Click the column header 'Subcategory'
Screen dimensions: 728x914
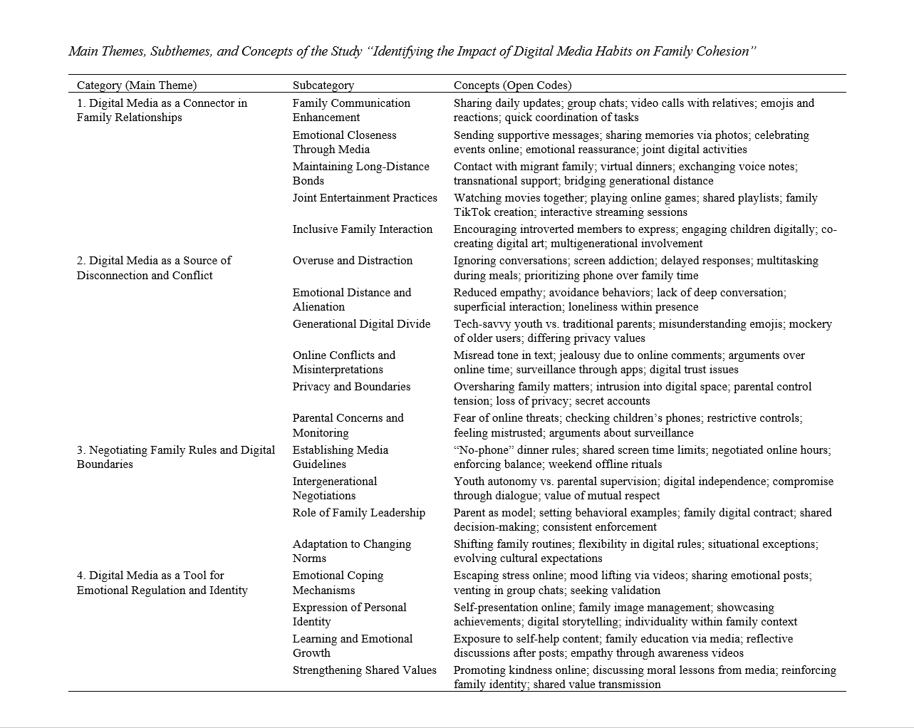pos(323,85)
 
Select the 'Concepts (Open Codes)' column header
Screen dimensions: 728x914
pos(512,85)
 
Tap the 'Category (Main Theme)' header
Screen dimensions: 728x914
pos(137,85)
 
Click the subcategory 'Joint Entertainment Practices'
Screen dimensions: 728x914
pos(365,198)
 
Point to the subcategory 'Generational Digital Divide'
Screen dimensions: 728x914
pos(361,324)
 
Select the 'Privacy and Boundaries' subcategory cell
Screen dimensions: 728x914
pos(351,387)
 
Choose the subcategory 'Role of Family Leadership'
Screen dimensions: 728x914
pos(358,513)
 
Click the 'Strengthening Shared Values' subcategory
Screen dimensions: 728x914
pos(364,670)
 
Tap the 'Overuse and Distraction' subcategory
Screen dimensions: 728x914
pos(352,261)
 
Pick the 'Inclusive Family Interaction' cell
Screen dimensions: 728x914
pos(362,229)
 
